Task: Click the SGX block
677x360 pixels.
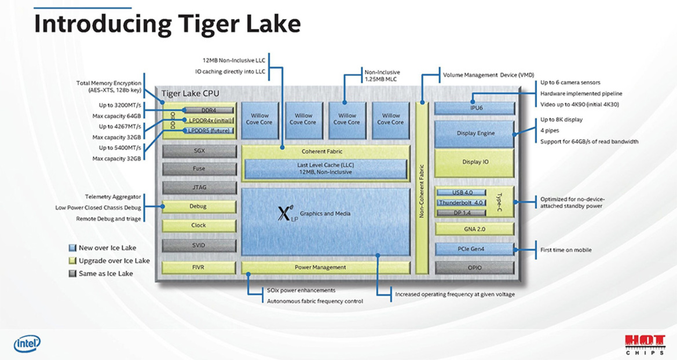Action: pos(199,150)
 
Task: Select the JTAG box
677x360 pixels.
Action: pos(199,188)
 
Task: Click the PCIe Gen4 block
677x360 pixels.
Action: pos(474,249)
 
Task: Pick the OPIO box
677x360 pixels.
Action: pos(474,267)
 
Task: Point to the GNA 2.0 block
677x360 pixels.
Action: pos(474,229)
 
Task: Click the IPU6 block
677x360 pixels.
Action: pos(474,108)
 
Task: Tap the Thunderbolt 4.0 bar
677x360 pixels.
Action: pos(460,203)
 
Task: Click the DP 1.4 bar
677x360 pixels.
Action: pos(460,212)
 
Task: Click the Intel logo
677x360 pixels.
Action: pos(27,344)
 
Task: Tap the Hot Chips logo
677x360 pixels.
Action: pos(644,343)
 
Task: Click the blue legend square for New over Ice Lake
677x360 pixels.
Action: pos(72,248)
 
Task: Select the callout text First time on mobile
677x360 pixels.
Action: pos(566,250)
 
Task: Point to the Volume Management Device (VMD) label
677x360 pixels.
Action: pos(488,75)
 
